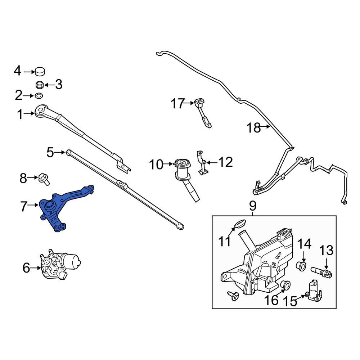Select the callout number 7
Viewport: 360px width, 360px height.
click(x=24, y=207)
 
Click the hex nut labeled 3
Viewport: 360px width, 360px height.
click(x=40, y=85)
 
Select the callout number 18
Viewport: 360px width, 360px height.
click(x=253, y=127)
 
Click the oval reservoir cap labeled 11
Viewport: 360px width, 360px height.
click(x=239, y=224)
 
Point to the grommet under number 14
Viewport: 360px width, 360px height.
click(x=301, y=267)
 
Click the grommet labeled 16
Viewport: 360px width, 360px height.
click(x=285, y=284)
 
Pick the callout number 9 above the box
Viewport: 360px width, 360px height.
click(x=252, y=206)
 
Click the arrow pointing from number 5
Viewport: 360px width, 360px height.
click(x=60, y=153)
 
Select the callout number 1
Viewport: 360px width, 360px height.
click(x=20, y=115)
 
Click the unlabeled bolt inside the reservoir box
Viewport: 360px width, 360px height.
click(x=233, y=296)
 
